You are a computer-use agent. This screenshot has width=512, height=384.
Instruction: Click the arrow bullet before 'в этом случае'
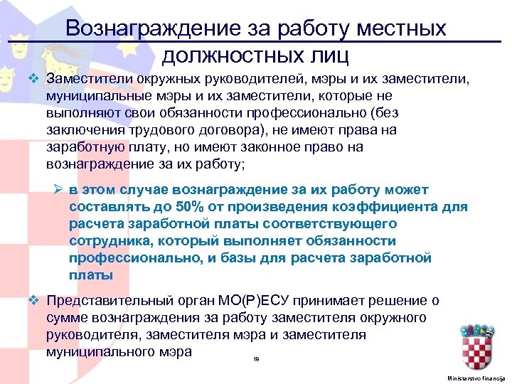(x=59, y=190)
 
